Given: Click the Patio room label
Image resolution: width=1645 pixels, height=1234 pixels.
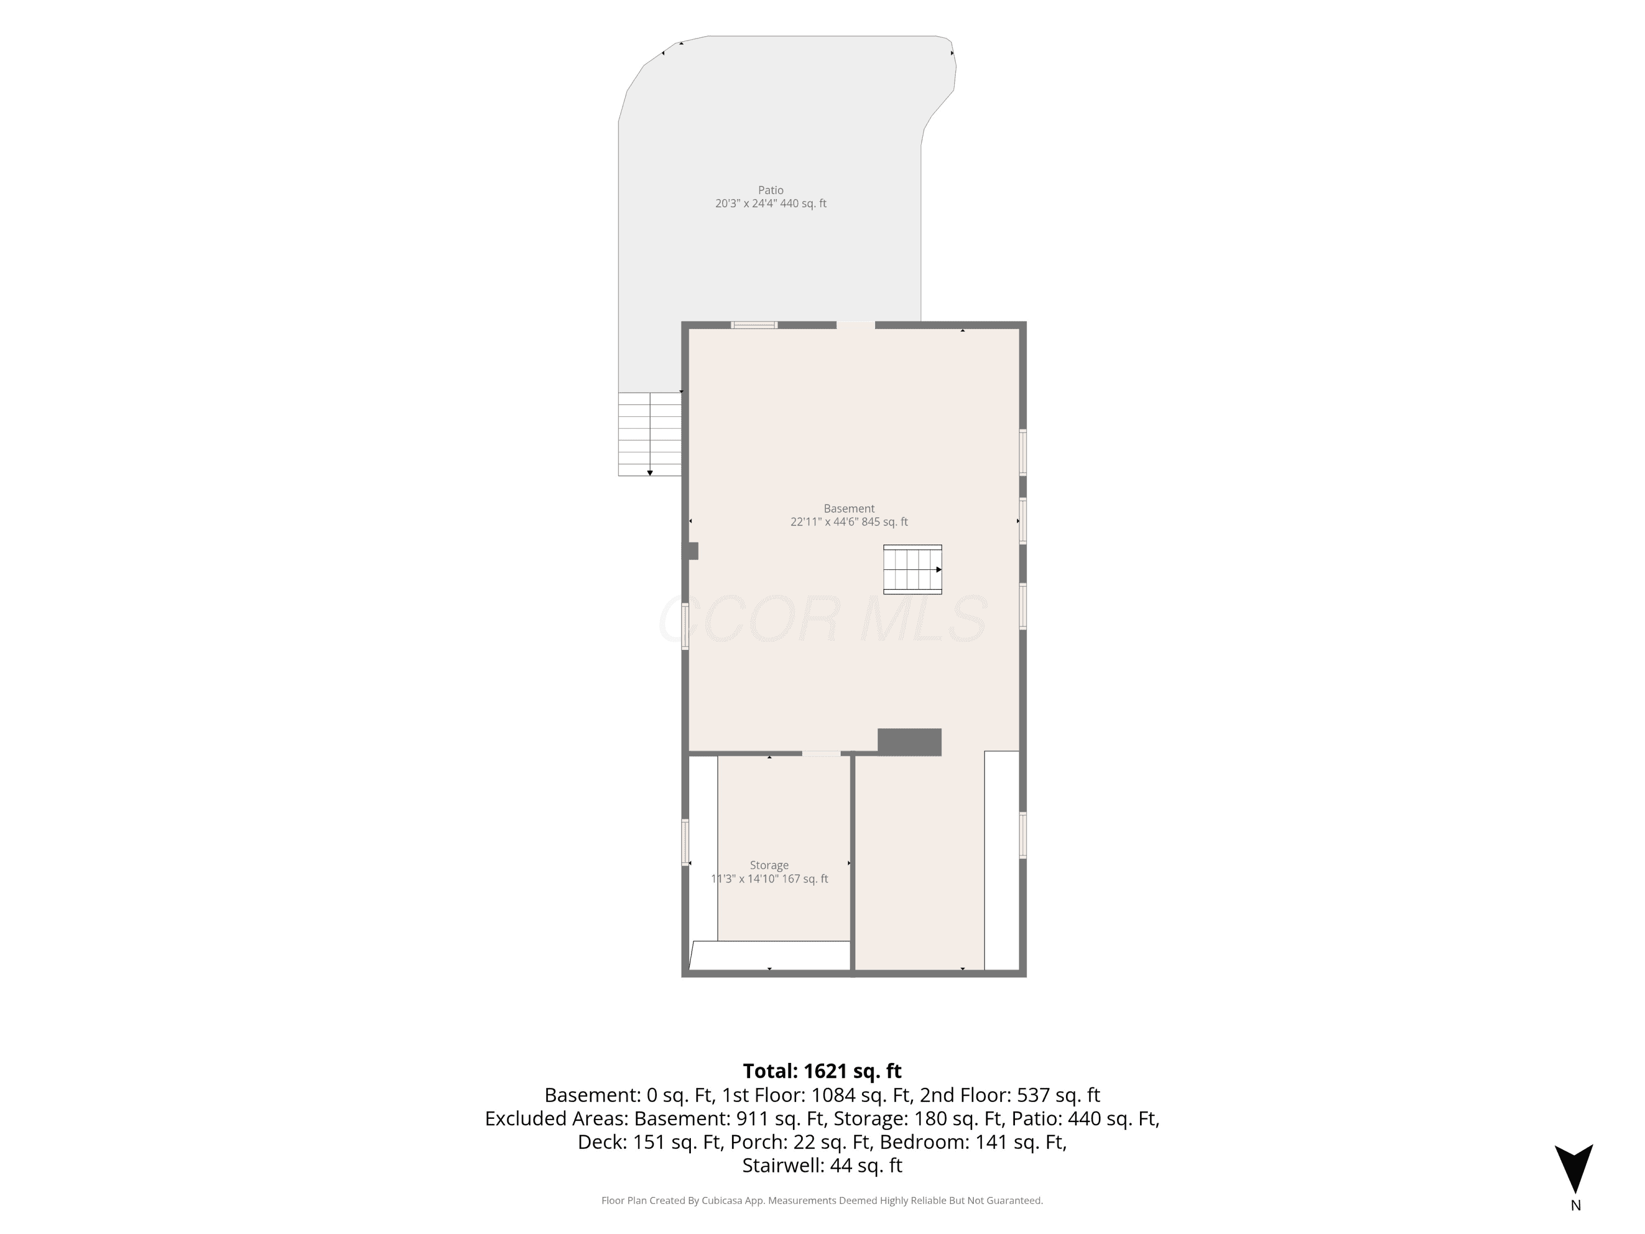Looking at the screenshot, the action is pyautogui.click(x=770, y=190).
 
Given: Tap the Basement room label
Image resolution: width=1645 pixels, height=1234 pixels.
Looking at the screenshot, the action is pyautogui.click(x=848, y=509).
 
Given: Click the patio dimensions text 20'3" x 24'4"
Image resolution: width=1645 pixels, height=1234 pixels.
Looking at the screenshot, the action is pyautogui.click(x=745, y=203).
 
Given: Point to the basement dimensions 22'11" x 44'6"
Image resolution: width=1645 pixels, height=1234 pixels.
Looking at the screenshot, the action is pyautogui.click(x=824, y=522).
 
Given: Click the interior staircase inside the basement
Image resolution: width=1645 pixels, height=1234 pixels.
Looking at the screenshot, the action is pyautogui.click(x=912, y=570).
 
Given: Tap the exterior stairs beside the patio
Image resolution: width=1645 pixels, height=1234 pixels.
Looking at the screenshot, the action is pyautogui.click(x=650, y=434).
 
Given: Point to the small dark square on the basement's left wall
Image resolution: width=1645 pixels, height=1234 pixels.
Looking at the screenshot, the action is pyautogui.click(x=691, y=551).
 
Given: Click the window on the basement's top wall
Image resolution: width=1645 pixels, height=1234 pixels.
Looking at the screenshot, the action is pyautogui.click(x=754, y=325).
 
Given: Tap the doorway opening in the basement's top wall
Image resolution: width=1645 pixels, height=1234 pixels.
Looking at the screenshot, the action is pyautogui.click(x=855, y=325).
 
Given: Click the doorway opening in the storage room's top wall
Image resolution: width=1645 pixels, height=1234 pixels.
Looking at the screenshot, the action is pyautogui.click(x=821, y=754).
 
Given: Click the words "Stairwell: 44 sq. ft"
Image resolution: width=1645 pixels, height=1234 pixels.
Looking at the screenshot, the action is pyautogui.click(x=822, y=1165).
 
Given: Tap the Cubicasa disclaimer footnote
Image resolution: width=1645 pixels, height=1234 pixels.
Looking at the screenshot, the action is pyautogui.click(x=822, y=1200).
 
